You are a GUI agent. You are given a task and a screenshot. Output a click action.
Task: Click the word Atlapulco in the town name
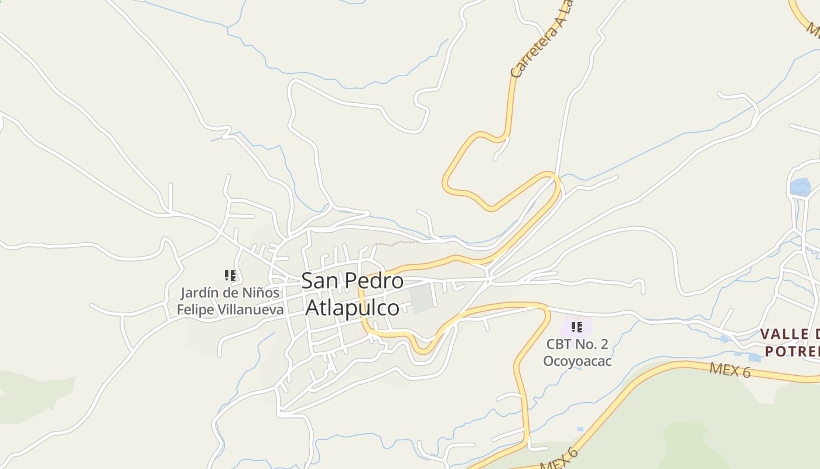tap(353, 308)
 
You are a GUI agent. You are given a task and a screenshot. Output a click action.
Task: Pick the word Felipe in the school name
tap(196, 310)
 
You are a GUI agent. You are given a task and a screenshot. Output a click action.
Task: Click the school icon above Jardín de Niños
tap(230, 276)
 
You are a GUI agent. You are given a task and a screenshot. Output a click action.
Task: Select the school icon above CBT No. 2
tap(577, 327)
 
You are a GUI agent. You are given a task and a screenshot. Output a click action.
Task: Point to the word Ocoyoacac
tap(577, 361)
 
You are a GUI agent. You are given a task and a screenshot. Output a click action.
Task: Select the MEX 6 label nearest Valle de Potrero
tap(730, 371)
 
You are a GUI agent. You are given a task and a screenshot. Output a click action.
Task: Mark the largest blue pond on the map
tap(800, 187)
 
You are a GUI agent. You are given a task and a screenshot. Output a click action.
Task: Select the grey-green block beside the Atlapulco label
tap(420, 298)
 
